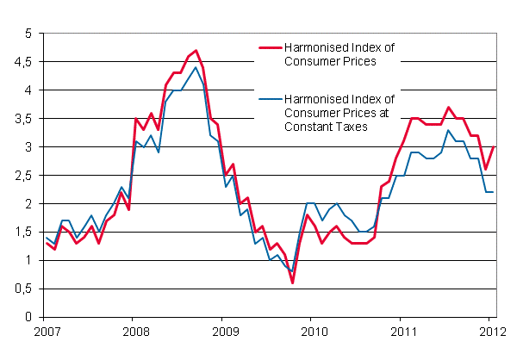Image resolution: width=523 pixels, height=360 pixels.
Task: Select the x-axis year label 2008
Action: tap(133, 331)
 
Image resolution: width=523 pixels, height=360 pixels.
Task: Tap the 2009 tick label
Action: tap(223, 331)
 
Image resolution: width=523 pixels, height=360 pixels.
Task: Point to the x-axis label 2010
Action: tap(314, 331)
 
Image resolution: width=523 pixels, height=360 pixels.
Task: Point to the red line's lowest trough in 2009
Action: tap(292, 282)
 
